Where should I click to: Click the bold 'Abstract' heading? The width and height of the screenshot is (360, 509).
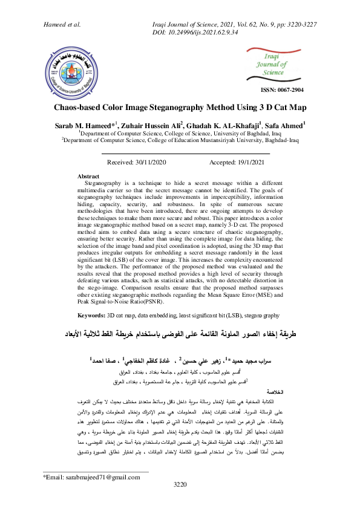pyautogui.click(x=93, y=176)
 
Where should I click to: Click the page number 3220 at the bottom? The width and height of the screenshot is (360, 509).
pyautogui.click(x=180, y=502)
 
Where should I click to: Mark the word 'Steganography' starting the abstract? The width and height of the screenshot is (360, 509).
pyautogui.click(x=105, y=182)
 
